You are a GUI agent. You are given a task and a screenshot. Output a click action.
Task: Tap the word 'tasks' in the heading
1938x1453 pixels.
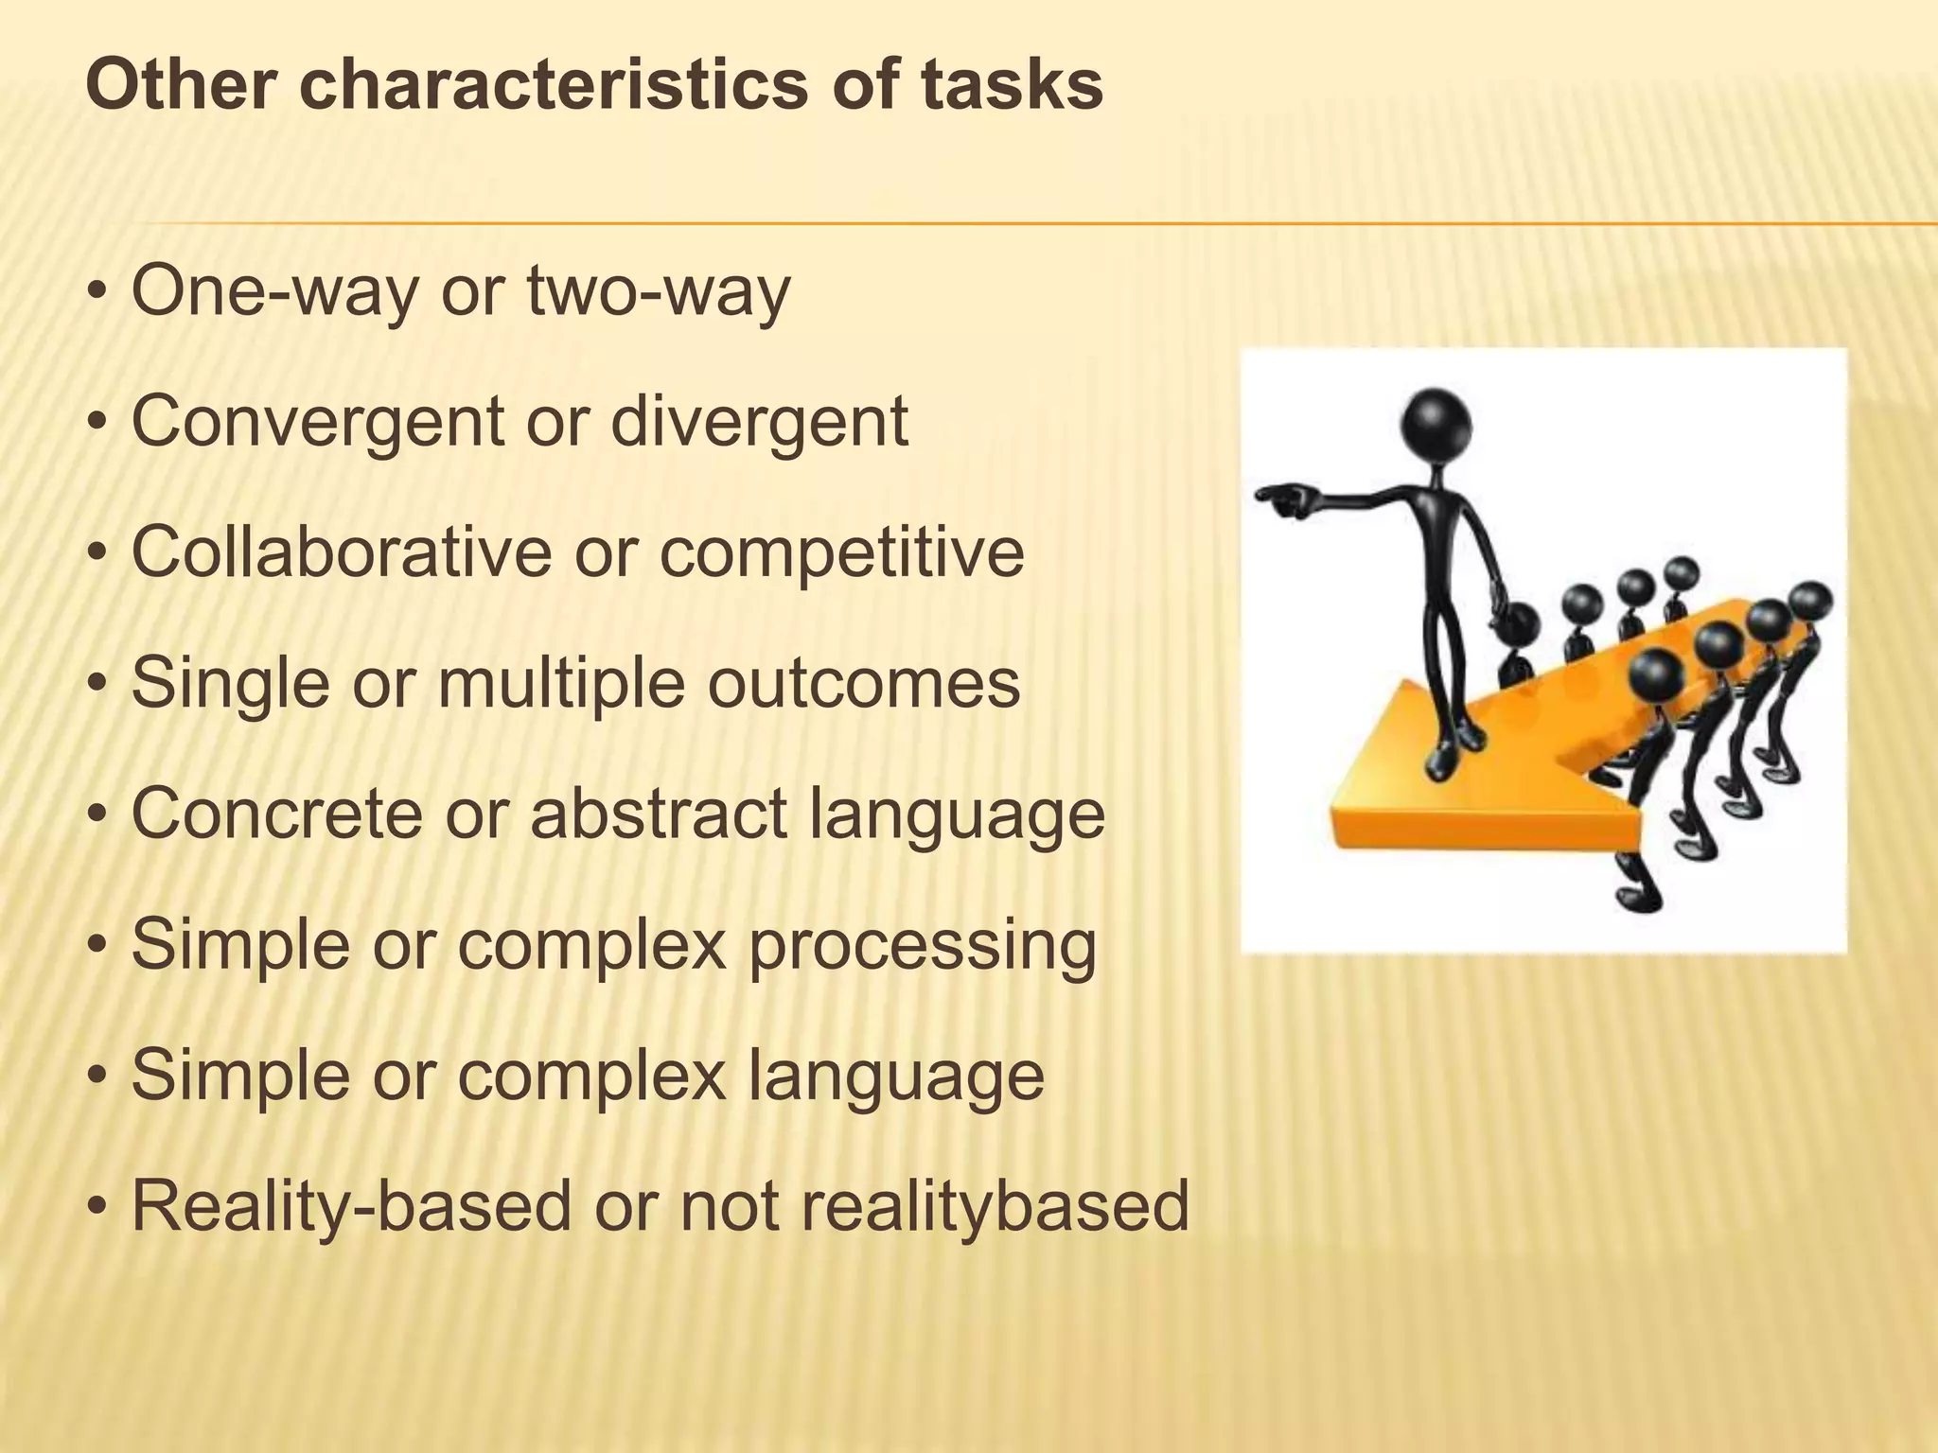point(1012,85)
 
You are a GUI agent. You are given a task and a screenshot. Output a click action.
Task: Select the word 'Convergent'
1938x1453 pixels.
point(317,422)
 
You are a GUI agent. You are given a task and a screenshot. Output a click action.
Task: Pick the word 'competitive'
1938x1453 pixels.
point(841,553)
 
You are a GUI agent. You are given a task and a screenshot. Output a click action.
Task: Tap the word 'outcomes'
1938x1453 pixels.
point(863,683)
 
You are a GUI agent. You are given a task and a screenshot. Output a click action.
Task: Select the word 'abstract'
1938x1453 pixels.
point(658,814)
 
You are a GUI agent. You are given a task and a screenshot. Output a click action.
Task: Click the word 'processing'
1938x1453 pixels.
point(922,946)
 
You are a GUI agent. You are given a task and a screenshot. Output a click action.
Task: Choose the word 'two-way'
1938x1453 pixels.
point(658,291)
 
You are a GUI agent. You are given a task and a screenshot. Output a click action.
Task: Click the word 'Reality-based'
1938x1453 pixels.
point(351,1206)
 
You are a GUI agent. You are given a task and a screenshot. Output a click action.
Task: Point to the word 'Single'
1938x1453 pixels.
point(231,685)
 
